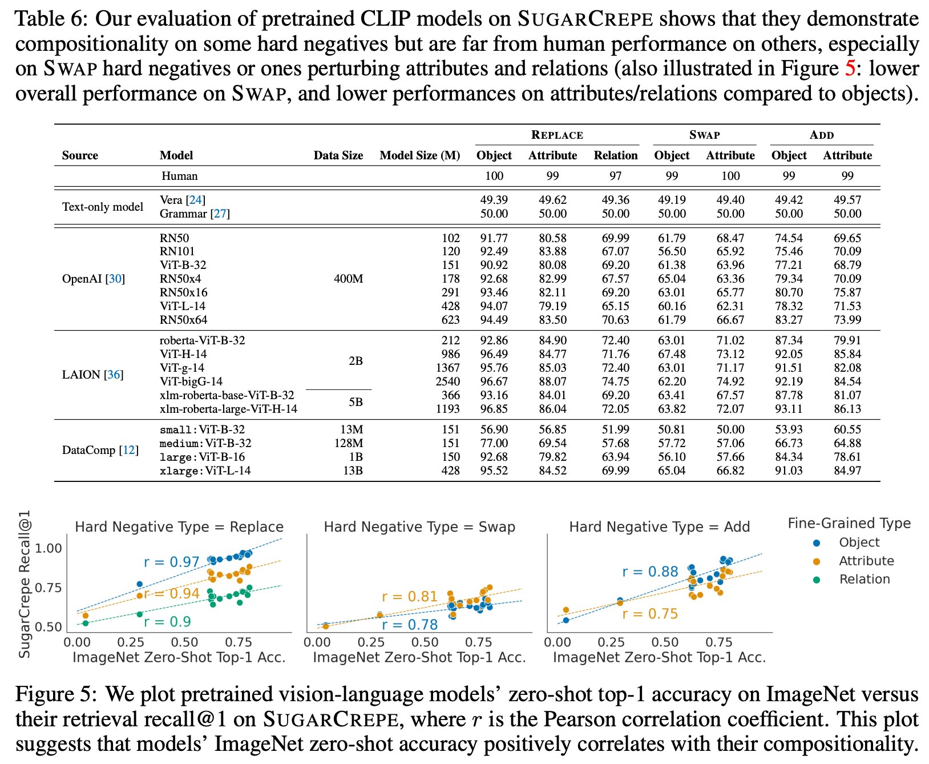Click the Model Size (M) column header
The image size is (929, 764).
pos(419,155)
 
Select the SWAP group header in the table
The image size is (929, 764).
pos(704,135)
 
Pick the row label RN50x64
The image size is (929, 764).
pos(183,320)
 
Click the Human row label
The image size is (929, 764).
pos(179,176)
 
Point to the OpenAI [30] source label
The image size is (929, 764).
pos(93,279)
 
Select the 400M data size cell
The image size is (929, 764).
pos(348,279)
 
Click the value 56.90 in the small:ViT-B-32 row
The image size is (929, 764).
pos(494,429)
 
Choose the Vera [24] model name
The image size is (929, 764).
pos(182,200)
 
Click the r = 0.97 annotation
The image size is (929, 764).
pos(171,562)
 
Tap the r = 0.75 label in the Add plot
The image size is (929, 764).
pos(650,614)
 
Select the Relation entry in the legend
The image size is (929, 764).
pos(864,579)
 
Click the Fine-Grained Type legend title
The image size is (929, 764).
pos(849,524)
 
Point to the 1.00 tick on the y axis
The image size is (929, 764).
pos(49,548)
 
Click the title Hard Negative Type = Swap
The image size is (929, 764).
pos(419,527)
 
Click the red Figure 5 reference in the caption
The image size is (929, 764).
pos(850,69)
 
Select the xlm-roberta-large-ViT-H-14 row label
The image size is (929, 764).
pos(228,409)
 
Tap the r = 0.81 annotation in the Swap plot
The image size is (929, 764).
pos(409,597)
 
